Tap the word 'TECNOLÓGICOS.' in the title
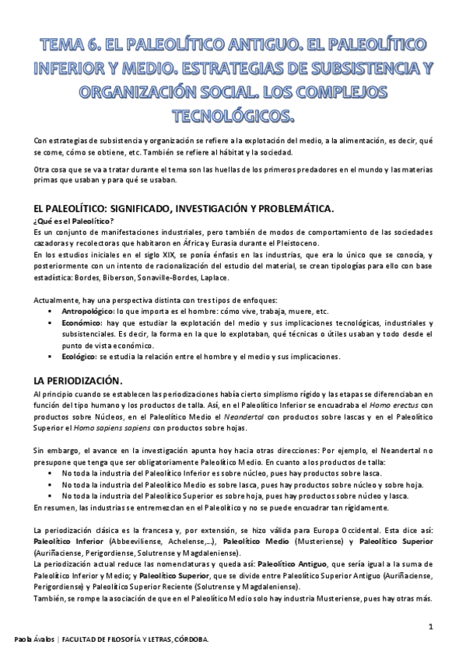233,117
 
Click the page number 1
430,626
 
